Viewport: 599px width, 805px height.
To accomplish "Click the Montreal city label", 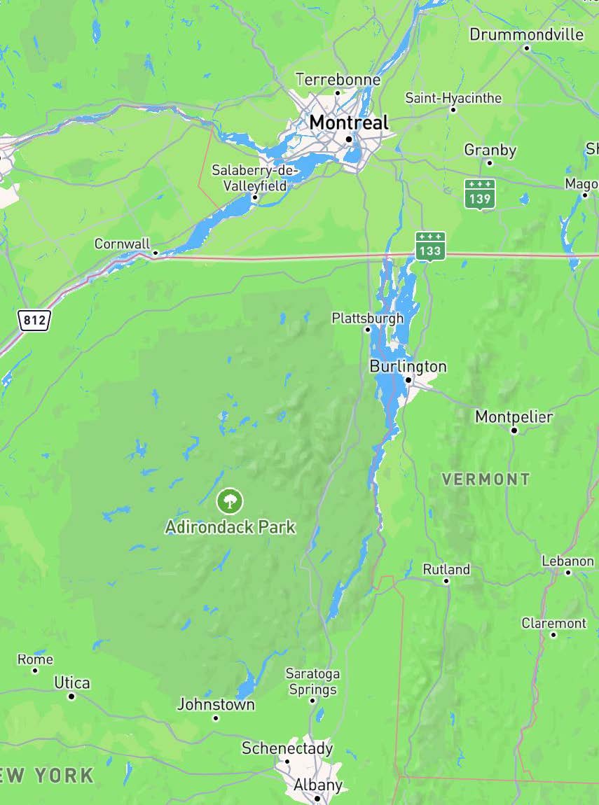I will (x=348, y=122).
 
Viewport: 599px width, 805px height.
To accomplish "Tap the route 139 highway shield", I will (x=480, y=193).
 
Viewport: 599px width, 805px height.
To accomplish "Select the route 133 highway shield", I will (x=429, y=246).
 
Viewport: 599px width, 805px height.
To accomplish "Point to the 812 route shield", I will (x=34, y=321).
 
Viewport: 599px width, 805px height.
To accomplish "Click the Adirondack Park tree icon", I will (x=230, y=500).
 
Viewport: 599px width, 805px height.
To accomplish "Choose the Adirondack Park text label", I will (x=230, y=526).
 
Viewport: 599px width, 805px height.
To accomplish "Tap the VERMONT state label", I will (x=486, y=479).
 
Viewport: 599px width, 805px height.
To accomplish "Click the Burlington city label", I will (x=408, y=366).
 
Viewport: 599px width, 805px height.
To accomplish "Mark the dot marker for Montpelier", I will (x=514, y=430).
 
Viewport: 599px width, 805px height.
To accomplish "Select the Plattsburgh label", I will (x=368, y=318).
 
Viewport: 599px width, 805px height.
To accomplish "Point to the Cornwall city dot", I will (x=156, y=253).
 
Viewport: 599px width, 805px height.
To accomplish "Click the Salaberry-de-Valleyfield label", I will (x=255, y=178).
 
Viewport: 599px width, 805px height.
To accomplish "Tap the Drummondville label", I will (x=526, y=34).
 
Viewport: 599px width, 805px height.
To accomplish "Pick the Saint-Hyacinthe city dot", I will (x=453, y=110).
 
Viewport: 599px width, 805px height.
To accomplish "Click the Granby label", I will (x=490, y=150).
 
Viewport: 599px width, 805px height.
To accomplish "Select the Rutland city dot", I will (x=446, y=581).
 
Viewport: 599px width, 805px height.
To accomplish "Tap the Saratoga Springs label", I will (x=312, y=681).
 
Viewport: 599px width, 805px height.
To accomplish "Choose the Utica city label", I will (x=72, y=682).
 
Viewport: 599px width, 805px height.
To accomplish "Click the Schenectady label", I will (x=287, y=748).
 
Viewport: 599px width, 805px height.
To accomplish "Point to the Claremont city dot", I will (x=553, y=635).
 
